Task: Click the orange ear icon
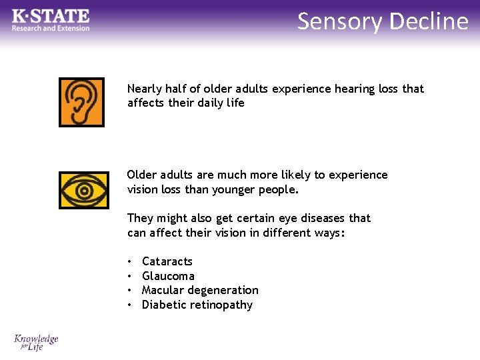pyautogui.click(x=81, y=102)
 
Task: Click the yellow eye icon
pyautogui.click(x=83, y=190)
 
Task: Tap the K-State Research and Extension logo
pyautogui.click(x=51, y=19)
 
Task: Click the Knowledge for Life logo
pyautogui.click(x=37, y=343)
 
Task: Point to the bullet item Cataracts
pyautogui.click(x=167, y=261)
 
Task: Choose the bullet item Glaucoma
pyautogui.click(x=168, y=276)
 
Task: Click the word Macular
pyautogui.click(x=164, y=290)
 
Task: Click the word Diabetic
pyautogui.click(x=161, y=305)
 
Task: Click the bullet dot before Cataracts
pyautogui.click(x=130, y=262)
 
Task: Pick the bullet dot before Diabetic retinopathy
pyautogui.click(x=130, y=305)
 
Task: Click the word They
pyautogui.click(x=140, y=218)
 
